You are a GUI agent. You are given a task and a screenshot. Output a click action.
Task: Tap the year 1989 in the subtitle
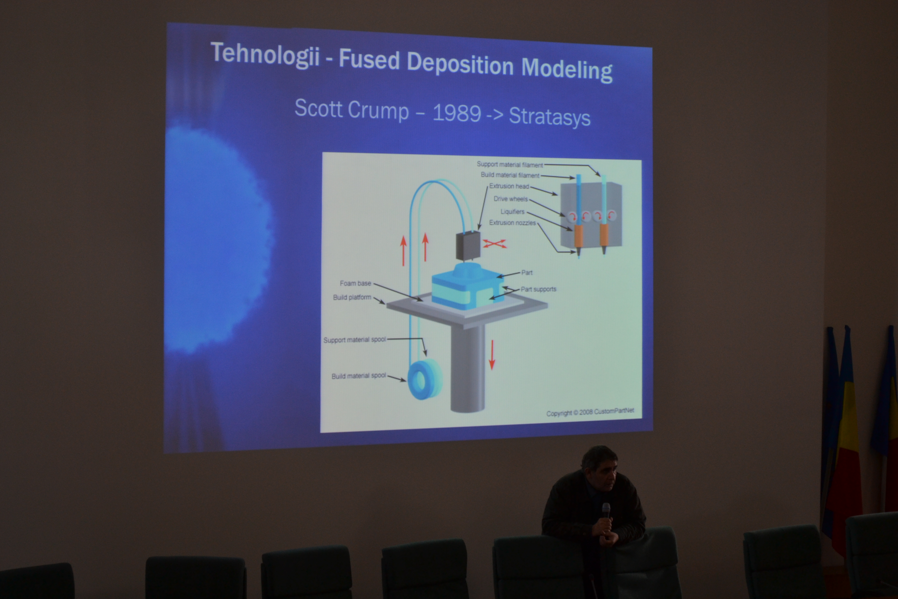[457, 113]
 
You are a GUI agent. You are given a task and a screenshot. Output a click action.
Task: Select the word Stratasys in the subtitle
[550, 116]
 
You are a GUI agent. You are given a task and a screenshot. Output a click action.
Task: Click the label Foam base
[355, 283]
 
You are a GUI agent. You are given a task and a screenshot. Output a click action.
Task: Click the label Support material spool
[355, 340]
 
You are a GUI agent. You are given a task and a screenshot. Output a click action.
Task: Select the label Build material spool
[359, 376]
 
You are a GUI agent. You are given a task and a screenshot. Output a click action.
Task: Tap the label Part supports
[539, 289]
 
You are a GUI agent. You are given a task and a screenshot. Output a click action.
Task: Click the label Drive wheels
[511, 199]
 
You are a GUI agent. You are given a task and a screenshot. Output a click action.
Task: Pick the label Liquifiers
[512, 212]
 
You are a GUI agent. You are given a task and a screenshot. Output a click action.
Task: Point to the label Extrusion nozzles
[512, 223]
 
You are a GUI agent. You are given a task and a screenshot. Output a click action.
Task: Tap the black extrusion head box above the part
[468, 246]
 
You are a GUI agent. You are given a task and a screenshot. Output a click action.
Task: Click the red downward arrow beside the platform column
[492, 355]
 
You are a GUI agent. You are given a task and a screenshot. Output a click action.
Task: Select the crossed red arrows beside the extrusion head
[495, 244]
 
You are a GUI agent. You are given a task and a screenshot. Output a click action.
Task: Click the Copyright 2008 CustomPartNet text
[590, 412]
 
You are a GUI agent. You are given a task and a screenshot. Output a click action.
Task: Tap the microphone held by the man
[606, 511]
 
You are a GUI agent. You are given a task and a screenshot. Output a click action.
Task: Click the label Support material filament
[510, 164]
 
